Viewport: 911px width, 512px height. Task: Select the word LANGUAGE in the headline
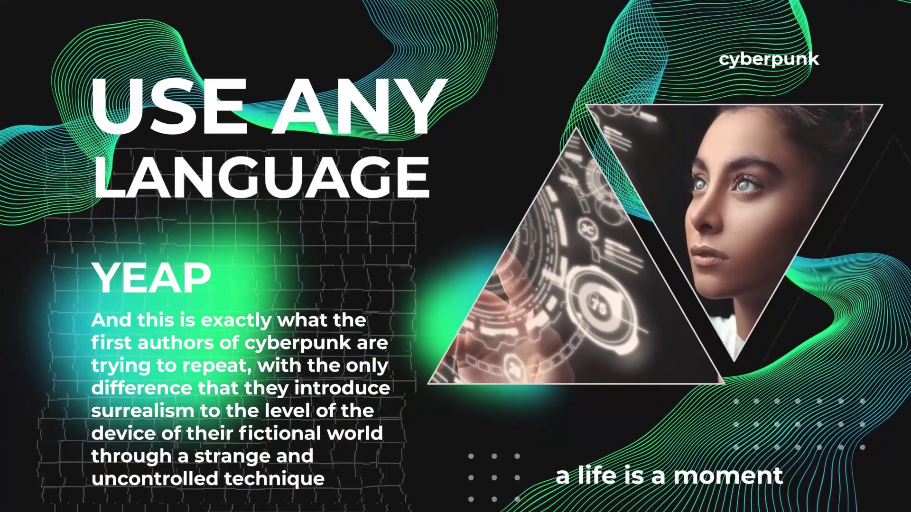261,175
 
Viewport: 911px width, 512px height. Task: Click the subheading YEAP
152,278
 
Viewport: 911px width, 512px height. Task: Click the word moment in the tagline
728,475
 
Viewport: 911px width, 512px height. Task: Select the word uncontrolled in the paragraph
155,478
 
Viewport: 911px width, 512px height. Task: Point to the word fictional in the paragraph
278,433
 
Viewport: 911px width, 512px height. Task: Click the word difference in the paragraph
141,387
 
